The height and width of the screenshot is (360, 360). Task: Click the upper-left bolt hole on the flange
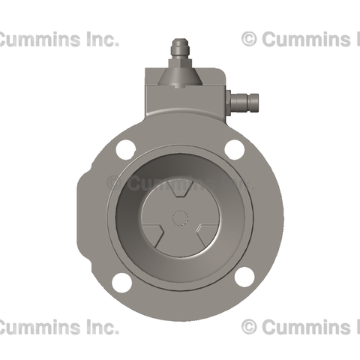click(x=125, y=149)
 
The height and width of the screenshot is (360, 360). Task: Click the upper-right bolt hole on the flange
click(x=235, y=149)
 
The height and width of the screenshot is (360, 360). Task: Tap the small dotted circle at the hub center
click(x=179, y=218)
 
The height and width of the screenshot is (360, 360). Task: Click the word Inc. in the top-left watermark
click(x=98, y=40)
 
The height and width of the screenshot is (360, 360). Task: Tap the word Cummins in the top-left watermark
click(x=38, y=40)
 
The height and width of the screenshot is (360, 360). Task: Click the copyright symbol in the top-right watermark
click(x=250, y=40)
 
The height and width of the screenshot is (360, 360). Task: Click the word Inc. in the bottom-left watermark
click(x=98, y=327)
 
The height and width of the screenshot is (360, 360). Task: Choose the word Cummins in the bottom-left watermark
click(x=38, y=327)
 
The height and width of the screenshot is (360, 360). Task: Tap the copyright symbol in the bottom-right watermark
click(x=250, y=327)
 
